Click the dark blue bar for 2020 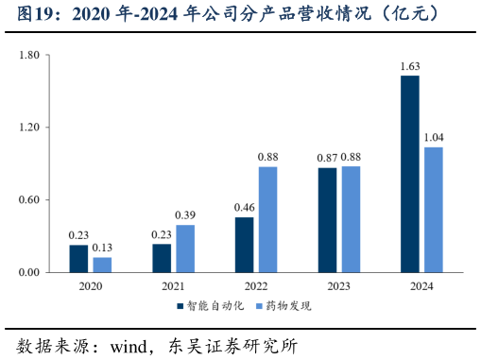(x=78, y=258)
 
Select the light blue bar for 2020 (x=102, y=265)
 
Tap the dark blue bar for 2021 (x=162, y=258)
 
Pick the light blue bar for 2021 (x=185, y=249)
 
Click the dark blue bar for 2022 (x=244, y=244)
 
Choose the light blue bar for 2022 (x=267, y=219)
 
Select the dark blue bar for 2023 (x=327, y=219)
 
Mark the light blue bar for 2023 (x=351, y=219)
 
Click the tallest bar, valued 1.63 (x=410, y=174)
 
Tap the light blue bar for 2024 (x=434, y=209)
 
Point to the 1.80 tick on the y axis (x=28, y=55)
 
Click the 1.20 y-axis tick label (x=28, y=128)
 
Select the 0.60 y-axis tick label (x=28, y=199)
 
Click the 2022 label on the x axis (x=256, y=284)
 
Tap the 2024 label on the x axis (x=421, y=284)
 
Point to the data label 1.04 (x=434, y=138)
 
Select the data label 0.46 (x=244, y=208)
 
